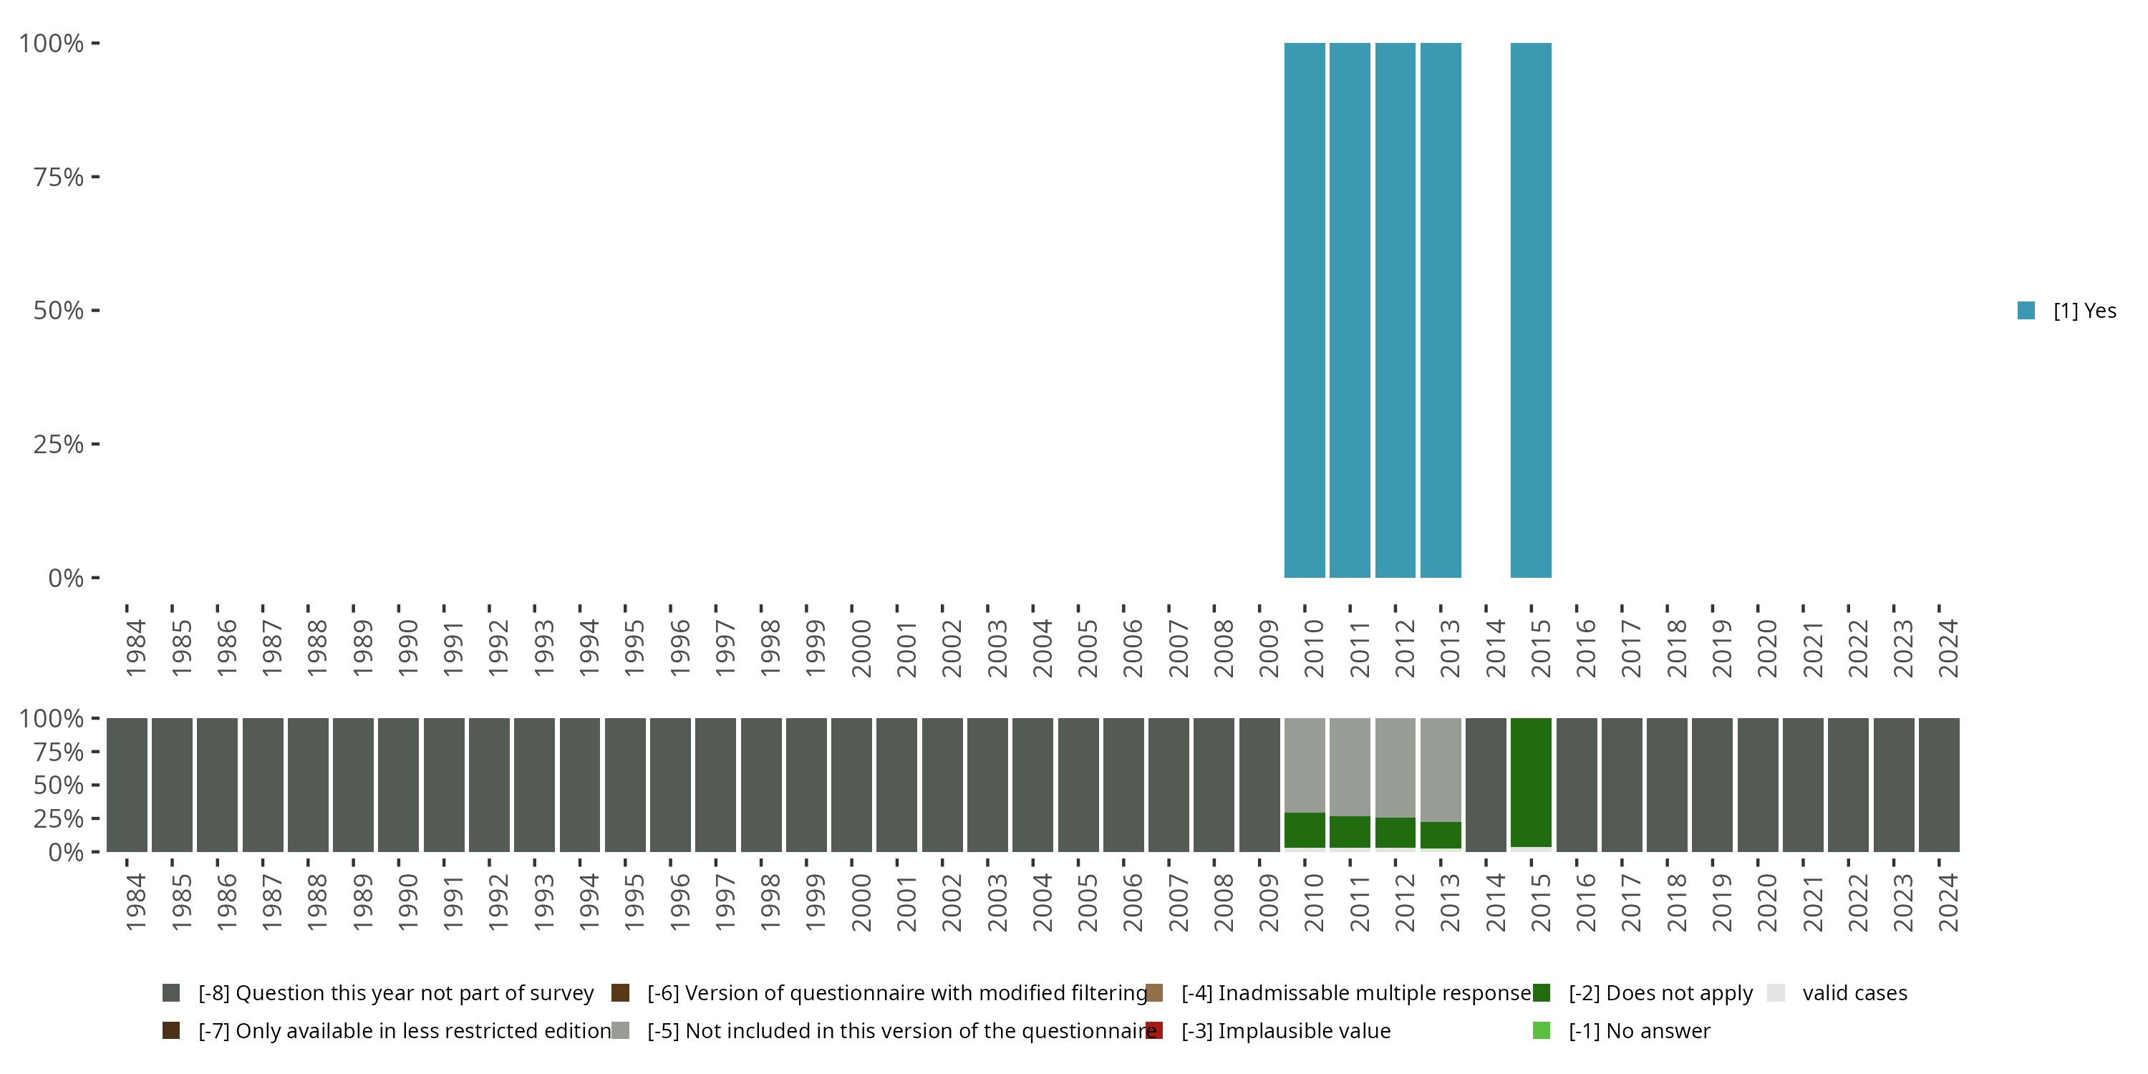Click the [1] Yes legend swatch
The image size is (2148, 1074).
(2026, 311)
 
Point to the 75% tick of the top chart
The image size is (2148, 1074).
(95, 177)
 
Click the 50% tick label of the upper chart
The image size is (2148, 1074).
(59, 311)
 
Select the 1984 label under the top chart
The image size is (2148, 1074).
(136, 648)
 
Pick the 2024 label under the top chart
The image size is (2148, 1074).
(1947, 648)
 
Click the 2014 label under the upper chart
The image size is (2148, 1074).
(1494, 648)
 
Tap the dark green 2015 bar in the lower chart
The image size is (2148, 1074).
(1530, 782)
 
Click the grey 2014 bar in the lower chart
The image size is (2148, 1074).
(1485, 785)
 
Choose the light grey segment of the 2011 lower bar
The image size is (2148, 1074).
(1349, 766)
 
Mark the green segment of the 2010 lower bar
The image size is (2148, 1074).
(1304, 831)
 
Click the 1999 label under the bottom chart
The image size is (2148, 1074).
(815, 902)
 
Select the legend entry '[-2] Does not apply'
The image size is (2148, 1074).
(1660, 993)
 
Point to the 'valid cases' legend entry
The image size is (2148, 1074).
(1854, 993)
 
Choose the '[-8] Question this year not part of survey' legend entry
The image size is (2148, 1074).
(395, 993)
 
